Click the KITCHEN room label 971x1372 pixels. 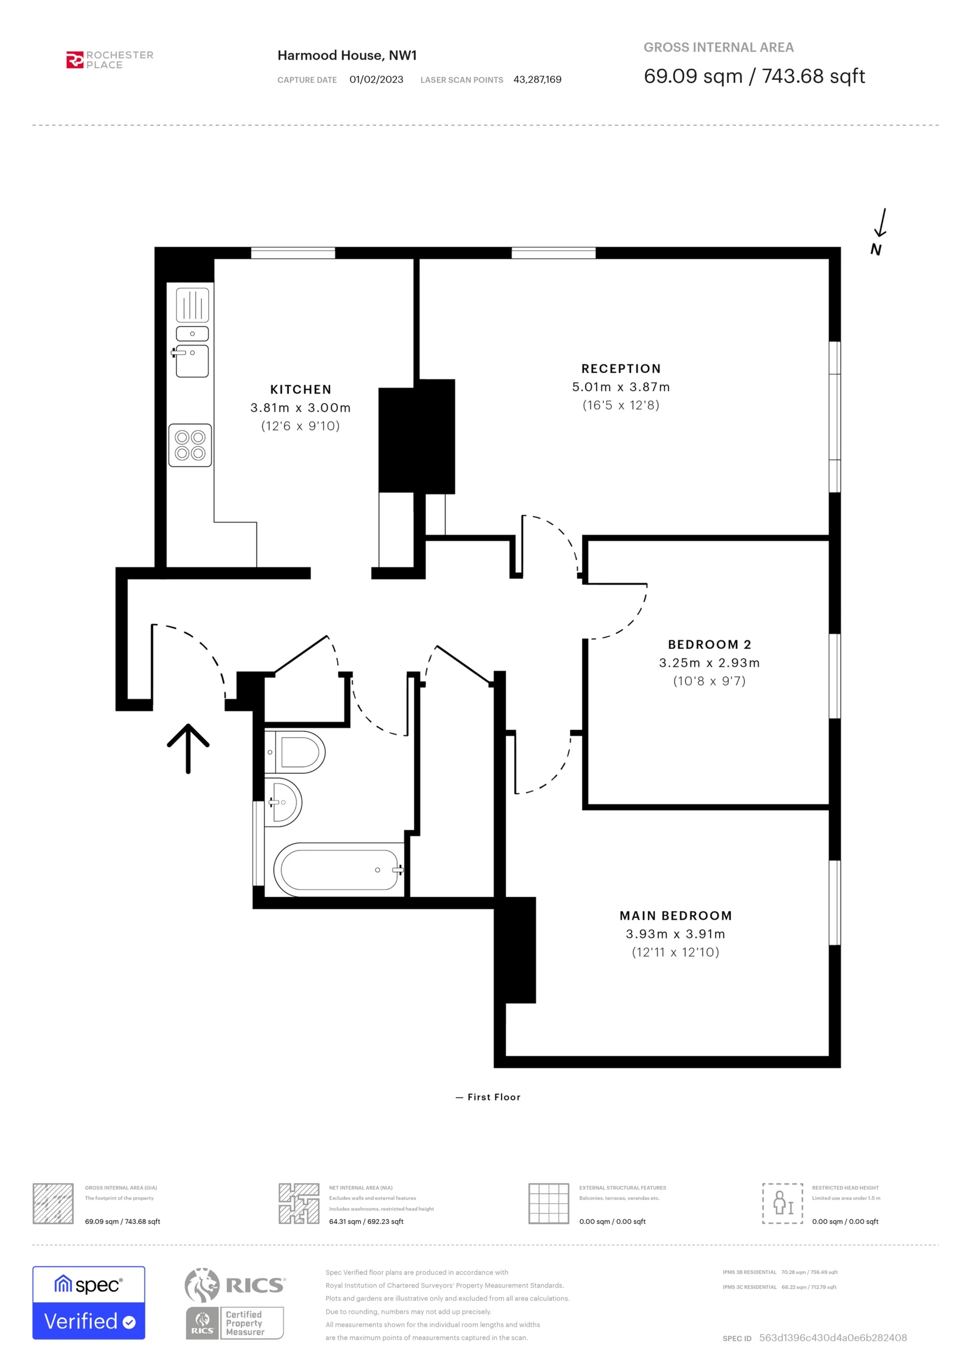coord(301,390)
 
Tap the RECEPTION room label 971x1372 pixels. coord(621,369)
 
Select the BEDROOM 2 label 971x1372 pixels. coord(710,644)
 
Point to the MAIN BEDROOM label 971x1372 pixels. coord(676,916)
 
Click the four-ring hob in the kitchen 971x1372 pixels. coord(190,445)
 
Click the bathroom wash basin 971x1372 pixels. coord(283,802)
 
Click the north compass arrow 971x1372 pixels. coord(880,223)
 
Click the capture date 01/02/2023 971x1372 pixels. coord(376,79)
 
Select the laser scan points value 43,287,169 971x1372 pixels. coord(538,79)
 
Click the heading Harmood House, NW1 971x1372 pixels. coord(347,56)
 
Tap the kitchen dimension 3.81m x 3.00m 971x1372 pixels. coord(301,407)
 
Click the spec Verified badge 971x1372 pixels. coord(89,1303)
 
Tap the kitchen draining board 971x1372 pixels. coord(193,305)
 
